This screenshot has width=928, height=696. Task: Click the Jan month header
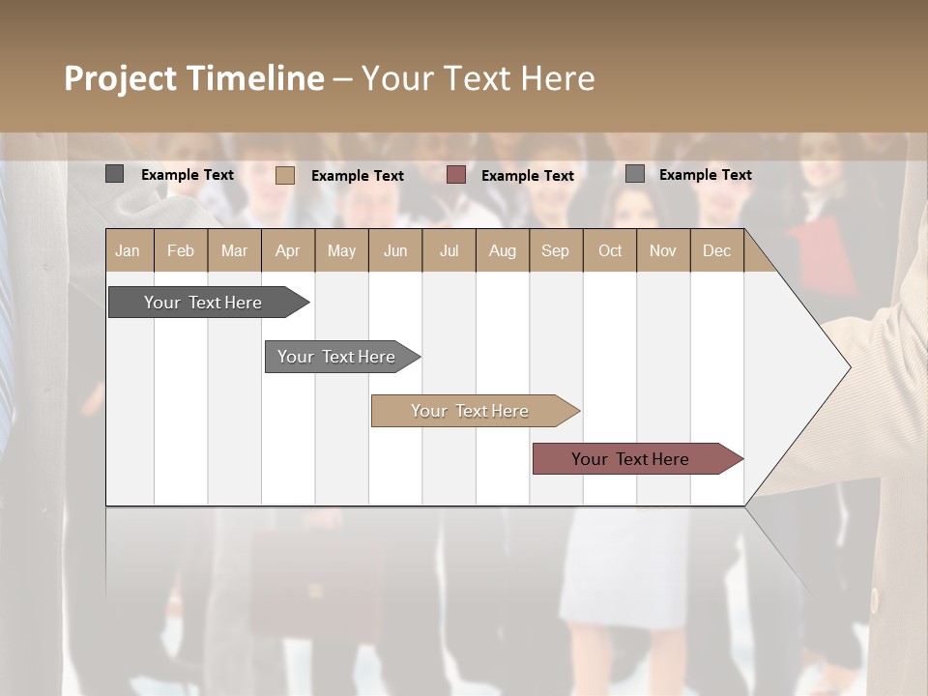[129, 250]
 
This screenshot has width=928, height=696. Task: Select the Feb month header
[181, 250]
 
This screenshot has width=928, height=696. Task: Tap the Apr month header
[288, 250]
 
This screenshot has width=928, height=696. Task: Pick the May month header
[341, 250]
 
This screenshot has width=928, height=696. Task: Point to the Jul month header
[449, 250]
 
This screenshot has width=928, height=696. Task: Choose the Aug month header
[503, 250]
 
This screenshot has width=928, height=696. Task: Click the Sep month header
[556, 250]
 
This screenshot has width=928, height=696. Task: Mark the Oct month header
[610, 250]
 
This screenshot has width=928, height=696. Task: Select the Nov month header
[663, 250]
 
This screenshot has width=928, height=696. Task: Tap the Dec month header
[717, 250]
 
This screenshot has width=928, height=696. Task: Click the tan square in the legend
[285, 175]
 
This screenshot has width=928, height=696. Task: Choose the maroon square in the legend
[456, 175]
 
